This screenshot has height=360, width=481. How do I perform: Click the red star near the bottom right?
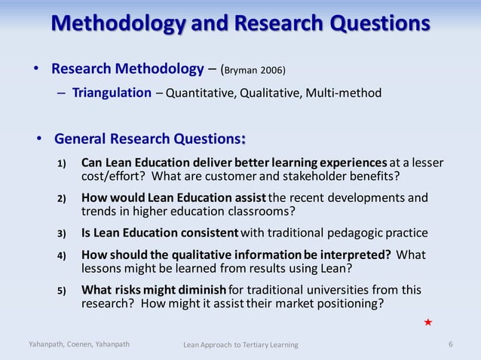click(428, 322)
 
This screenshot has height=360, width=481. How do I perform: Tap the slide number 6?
click(450, 344)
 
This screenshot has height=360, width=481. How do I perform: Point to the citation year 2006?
click(273, 71)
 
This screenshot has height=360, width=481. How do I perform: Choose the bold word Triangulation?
click(112, 93)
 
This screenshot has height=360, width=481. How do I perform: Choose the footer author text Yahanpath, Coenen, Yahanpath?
click(79, 344)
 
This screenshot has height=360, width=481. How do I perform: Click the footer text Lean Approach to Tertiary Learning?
click(241, 345)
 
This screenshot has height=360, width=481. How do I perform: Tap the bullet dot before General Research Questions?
click(39, 139)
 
